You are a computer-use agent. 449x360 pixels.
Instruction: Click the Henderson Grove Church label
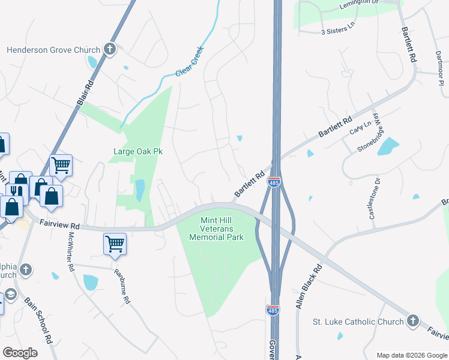53,50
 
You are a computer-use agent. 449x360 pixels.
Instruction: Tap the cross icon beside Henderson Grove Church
110,49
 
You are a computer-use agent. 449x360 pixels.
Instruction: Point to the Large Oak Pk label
139,152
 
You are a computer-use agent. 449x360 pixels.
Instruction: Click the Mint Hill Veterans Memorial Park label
217,229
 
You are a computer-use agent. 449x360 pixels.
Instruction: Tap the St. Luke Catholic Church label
358,322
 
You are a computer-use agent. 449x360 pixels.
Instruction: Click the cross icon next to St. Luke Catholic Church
412,321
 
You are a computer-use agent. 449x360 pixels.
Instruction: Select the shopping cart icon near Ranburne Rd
115,244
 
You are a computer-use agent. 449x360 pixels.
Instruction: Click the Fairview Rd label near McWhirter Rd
59,226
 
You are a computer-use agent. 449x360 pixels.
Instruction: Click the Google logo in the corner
20,353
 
